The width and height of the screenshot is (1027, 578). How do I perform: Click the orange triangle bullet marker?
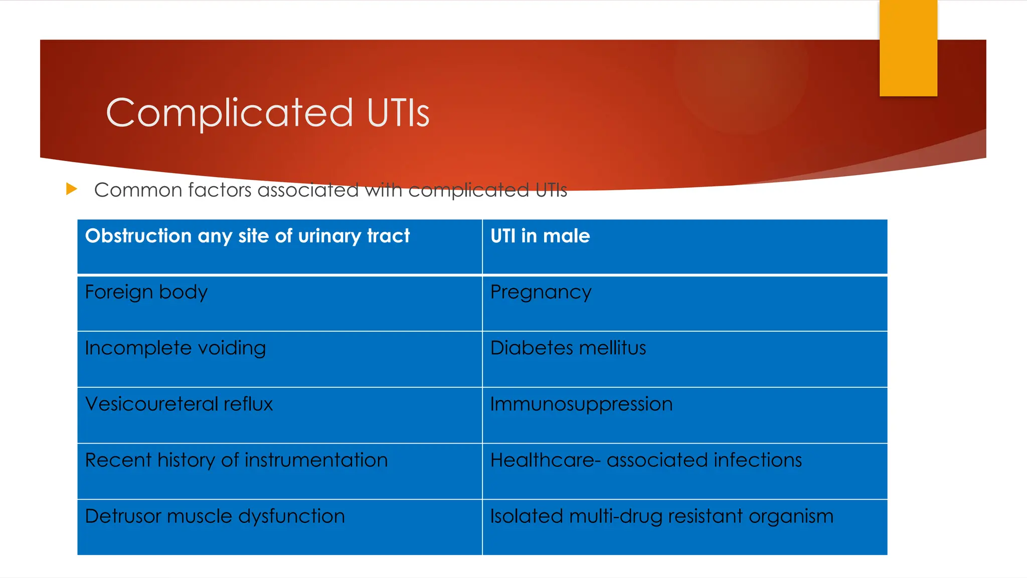(72, 189)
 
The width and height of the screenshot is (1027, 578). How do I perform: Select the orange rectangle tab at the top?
(908, 48)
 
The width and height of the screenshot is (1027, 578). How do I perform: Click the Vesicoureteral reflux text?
(179, 404)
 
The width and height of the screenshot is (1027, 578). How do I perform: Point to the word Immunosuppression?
(581, 404)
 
